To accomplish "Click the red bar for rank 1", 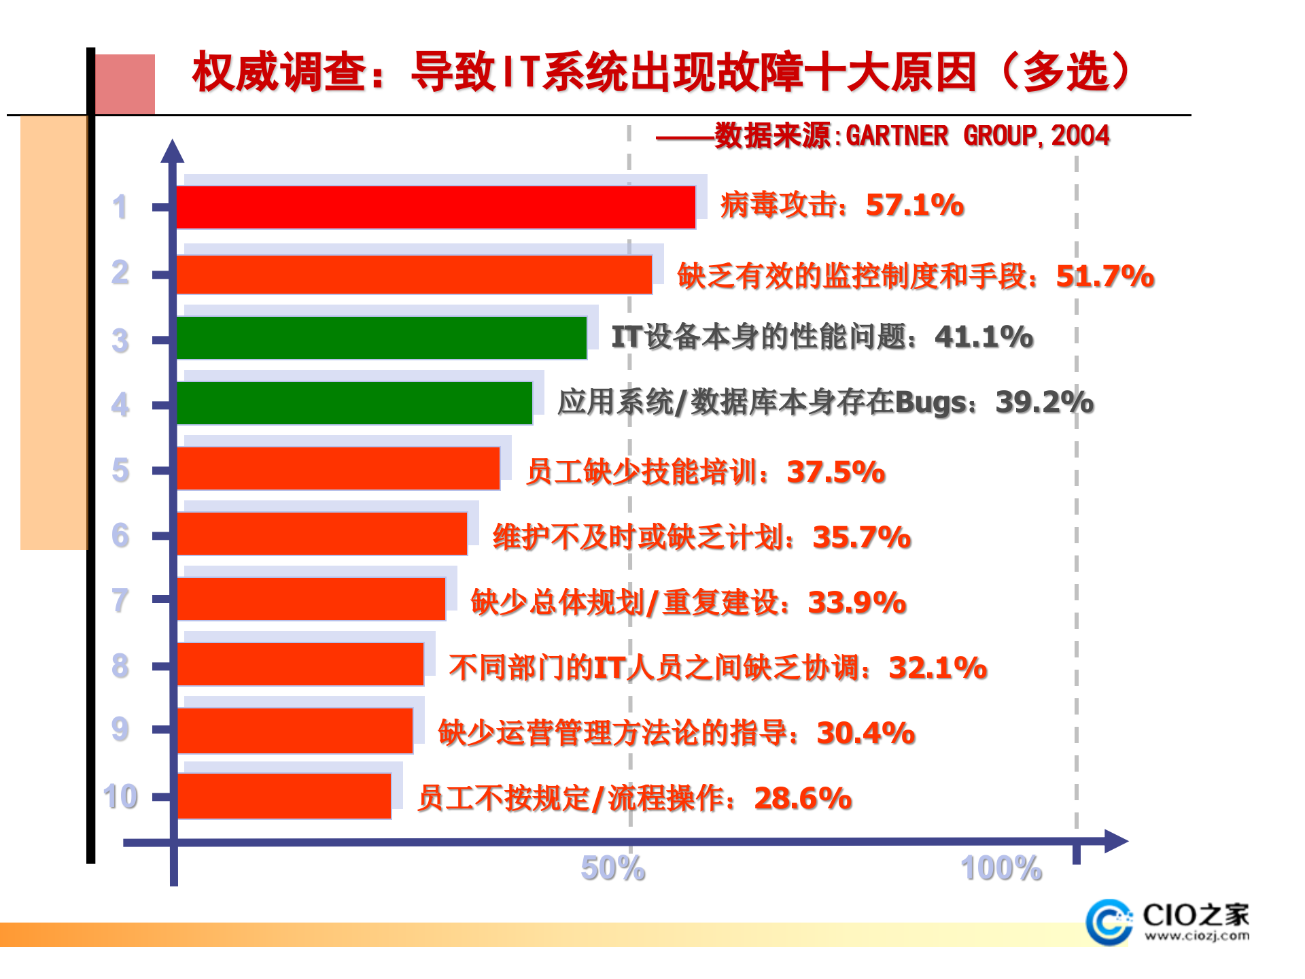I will pos(435,207).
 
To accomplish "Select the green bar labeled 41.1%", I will pos(381,338).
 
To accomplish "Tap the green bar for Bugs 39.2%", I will pos(353,403).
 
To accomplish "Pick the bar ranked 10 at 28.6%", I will pos(284,796).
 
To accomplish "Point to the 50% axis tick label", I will pos(613,868).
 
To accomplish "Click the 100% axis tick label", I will pos(1001,868).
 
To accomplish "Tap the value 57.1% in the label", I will pos(915,205).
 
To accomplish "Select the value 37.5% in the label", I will pos(836,472).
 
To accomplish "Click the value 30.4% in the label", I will pos(866,733).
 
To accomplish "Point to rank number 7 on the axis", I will pos(120,600).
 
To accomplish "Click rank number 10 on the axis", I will pos(120,796).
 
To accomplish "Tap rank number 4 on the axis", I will pos(120,405).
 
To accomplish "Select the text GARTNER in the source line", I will pos(897,135).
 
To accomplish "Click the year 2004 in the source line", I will pos(1080,135).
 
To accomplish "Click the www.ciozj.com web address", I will pos(1197,936).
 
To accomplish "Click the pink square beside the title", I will pos(124,84).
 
